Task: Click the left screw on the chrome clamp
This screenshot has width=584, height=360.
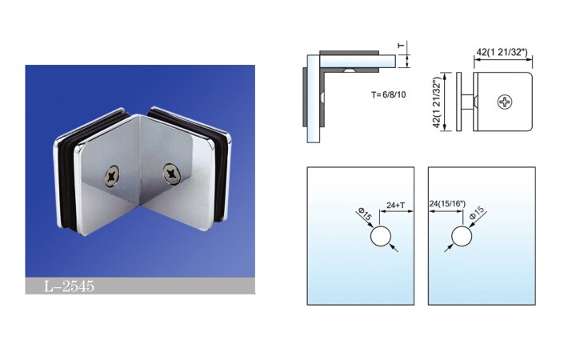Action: tap(113, 175)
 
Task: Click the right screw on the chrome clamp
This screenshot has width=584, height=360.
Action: tap(171, 174)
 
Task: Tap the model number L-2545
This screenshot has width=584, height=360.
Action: tap(70, 286)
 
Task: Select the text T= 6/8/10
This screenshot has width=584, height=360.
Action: tap(389, 94)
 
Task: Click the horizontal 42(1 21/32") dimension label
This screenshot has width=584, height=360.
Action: tap(502, 52)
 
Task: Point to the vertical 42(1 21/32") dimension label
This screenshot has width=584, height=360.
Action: tap(437, 102)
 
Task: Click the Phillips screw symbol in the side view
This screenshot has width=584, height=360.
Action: tap(505, 102)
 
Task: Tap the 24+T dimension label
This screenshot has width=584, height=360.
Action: tap(395, 205)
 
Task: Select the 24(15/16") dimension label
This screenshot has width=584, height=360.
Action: tap(447, 204)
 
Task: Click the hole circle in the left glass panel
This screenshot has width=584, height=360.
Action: tap(381, 236)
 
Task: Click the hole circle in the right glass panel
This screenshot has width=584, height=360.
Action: tap(462, 236)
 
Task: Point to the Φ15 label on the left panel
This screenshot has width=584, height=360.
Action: tap(365, 214)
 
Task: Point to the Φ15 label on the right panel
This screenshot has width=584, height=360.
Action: tap(477, 213)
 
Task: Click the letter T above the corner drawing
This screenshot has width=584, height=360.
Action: tap(401, 46)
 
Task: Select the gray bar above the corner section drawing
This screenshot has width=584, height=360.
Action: tap(350, 53)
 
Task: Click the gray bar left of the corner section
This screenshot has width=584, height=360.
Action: tap(304, 98)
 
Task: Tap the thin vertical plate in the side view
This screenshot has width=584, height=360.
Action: tap(459, 102)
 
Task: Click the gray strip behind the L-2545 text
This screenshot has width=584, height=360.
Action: tap(141, 286)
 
